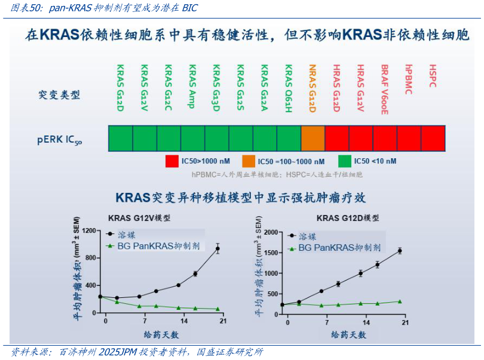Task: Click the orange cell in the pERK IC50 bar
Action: (313, 138)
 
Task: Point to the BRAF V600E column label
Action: (385, 88)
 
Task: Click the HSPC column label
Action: (433, 76)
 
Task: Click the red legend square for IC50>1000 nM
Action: (171, 161)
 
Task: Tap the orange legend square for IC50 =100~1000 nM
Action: (248, 161)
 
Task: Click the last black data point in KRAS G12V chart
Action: (218, 248)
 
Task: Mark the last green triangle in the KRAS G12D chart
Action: (400, 301)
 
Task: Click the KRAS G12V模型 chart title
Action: (139, 218)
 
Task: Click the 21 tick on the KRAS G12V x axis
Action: (222, 322)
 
